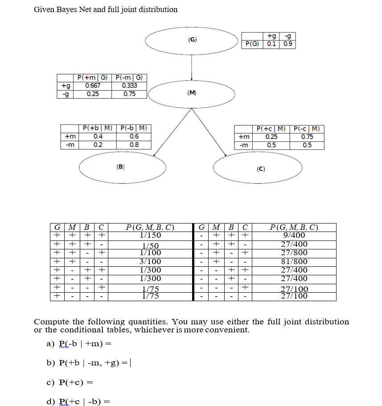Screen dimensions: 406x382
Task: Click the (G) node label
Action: [192, 40]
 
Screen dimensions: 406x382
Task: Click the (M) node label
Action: [192, 93]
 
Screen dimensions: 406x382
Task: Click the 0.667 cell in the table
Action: [93, 86]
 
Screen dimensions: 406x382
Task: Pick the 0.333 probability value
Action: [129, 86]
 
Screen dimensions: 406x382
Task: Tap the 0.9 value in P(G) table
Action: [288, 44]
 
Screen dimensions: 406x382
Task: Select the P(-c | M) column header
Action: [308, 129]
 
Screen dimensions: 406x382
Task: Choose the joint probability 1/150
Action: [150, 235]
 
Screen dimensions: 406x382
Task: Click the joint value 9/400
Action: [294, 235]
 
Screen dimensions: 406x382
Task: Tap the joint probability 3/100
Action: [150, 261]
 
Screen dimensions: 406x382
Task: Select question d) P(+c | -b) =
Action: [78, 401]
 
